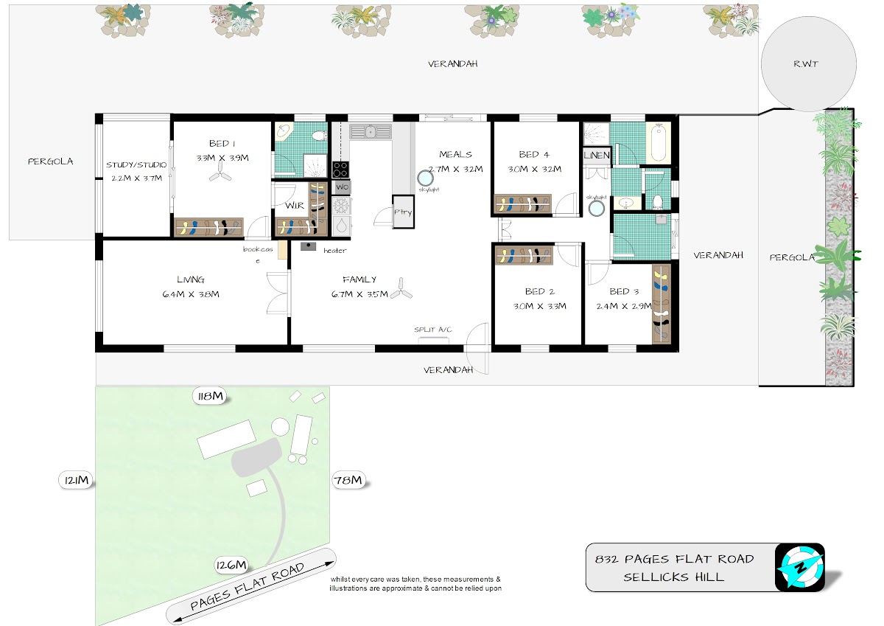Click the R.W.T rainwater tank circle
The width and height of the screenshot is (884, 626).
click(809, 64)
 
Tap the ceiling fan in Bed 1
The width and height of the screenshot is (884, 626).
click(220, 176)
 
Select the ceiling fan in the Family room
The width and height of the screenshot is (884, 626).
click(401, 289)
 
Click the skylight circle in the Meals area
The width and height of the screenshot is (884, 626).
click(425, 178)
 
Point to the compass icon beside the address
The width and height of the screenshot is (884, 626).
click(799, 568)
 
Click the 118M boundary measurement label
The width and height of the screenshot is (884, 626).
click(211, 396)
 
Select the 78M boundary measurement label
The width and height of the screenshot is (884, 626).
click(347, 480)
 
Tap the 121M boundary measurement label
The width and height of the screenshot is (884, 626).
click(77, 480)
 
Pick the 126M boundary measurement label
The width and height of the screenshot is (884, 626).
click(231, 565)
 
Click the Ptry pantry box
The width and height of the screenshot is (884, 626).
click(403, 212)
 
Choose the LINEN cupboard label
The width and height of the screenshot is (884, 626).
click(596, 156)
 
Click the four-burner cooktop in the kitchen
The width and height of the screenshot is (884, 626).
click(340, 170)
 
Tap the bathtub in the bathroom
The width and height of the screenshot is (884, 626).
click(659, 142)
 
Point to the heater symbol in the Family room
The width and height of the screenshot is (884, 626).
click(308, 246)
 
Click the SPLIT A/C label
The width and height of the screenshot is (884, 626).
click(432, 330)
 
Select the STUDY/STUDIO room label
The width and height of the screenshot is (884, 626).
click(136, 164)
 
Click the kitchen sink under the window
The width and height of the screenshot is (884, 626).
click(370, 131)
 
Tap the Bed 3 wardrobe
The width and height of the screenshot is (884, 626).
click(662, 304)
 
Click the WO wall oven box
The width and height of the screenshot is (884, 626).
click(342, 187)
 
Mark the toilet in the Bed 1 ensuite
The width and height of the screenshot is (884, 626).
click(318, 136)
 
